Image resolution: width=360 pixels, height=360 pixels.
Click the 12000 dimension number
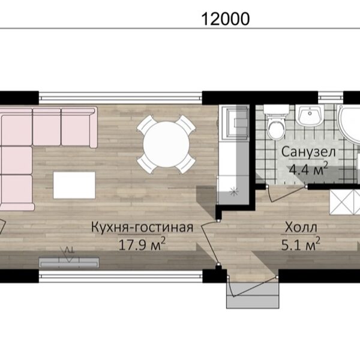[x=225, y=19]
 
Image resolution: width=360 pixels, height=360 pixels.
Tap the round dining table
[x=166, y=145]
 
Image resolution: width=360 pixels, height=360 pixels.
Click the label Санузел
[x=308, y=152]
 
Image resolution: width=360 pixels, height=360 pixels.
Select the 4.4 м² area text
[x=308, y=169]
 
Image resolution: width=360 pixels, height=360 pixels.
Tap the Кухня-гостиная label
[x=142, y=227]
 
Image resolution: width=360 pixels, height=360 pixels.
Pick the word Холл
[x=301, y=227]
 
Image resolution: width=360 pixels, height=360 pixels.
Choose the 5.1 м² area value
[x=301, y=244]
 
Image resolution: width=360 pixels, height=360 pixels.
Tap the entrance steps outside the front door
[x=253, y=295]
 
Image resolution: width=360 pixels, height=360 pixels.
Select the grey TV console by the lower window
[x=69, y=263]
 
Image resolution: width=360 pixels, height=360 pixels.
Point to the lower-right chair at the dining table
[x=187, y=163]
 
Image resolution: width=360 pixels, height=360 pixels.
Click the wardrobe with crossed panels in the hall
[x=345, y=202]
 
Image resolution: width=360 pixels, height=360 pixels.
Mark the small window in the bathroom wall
[x=331, y=98]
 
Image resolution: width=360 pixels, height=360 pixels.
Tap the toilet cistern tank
[x=277, y=109]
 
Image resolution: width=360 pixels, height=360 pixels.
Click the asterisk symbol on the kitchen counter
[x=234, y=191]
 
